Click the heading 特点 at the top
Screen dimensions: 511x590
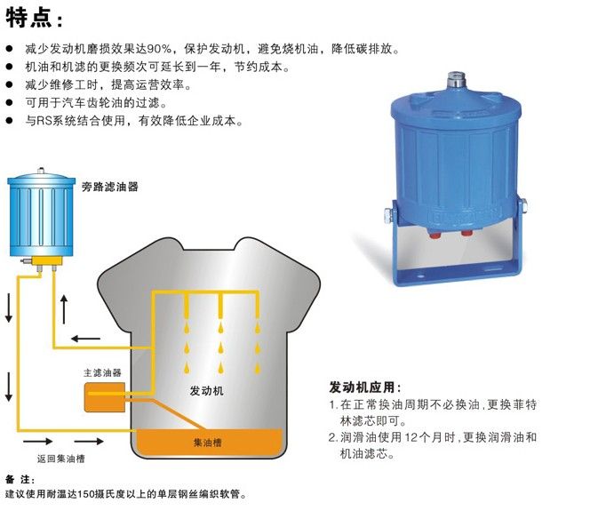[33, 18]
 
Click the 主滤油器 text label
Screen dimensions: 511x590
[102, 373]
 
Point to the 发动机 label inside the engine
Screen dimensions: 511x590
[207, 390]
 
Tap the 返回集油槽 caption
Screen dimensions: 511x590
[60, 459]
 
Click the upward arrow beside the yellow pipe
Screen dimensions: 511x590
[63, 310]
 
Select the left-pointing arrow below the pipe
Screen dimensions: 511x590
[86, 338]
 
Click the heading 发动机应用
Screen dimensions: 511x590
[363, 387]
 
